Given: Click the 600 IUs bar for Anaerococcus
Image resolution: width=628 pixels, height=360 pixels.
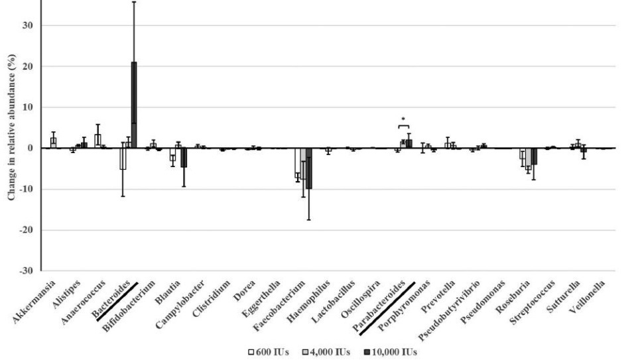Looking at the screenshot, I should (x=97, y=141).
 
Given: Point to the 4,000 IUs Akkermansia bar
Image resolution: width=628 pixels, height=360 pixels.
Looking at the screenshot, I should (x=53, y=143).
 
